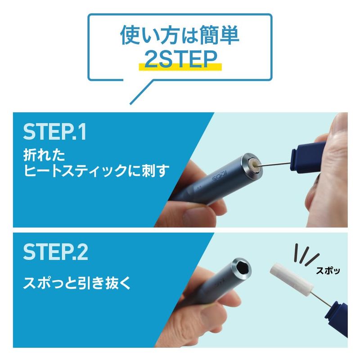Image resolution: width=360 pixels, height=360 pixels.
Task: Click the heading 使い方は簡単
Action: click(x=180, y=35)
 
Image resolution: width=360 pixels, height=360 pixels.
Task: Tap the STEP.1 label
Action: click(x=54, y=132)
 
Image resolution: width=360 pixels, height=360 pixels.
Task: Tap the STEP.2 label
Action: click(x=55, y=252)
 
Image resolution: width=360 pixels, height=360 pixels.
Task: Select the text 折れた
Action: click(x=44, y=155)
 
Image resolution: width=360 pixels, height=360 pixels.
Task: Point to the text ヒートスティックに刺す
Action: click(x=96, y=171)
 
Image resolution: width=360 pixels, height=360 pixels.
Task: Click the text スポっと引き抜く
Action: click(x=77, y=283)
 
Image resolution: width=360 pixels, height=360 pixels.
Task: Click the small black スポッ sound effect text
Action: click(x=328, y=271)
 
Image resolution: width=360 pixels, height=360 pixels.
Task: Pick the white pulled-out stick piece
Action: click(x=292, y=279)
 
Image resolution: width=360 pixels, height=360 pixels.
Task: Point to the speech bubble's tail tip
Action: click(x=130, y=104)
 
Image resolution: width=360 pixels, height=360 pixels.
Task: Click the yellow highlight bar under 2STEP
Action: click(x=180, y=67)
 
